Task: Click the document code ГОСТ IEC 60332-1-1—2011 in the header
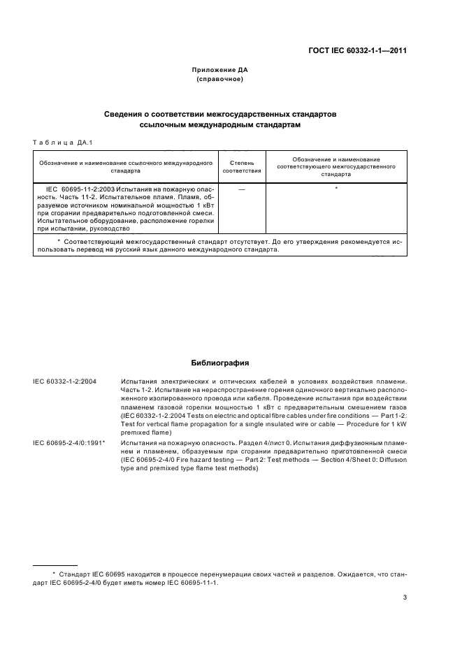pos(358,51)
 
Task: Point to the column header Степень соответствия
pos(241,166)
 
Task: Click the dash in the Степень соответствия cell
pos(241,189)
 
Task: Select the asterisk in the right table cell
pos(336,189)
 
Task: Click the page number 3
pos(405,597)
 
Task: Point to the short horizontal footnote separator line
pos(55,565)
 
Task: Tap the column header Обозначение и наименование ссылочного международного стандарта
pos(126,166)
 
